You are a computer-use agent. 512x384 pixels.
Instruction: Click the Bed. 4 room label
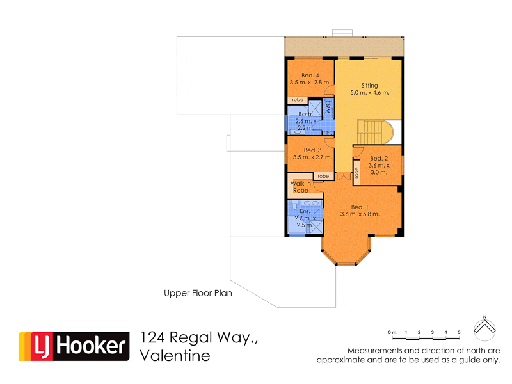pyautogui.click(x=310, y=76)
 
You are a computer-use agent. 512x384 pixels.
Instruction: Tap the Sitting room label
pyautogui.click(x=369, y=86)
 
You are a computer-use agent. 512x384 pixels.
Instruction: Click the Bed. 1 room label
pyautogui.click(x=360, y=207)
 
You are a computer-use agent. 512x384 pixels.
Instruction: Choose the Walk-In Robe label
pyautogui.click(x=301, y=187)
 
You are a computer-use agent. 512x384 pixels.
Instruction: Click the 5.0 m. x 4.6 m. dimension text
pyautogui.click(x=369, y=93)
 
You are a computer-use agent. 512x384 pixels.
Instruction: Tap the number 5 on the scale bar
pyautogui.click(x=459, y=333)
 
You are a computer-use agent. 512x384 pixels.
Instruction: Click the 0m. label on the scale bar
pyautogui.click(x=393, y=333)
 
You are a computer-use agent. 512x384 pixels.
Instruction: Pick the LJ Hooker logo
pyautogui.click(x=72, y=346)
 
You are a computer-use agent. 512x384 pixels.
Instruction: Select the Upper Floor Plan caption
pyautogui.click(x=197, y=294)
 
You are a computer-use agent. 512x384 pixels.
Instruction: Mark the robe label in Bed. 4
pyautogui.click(x=298, y=100)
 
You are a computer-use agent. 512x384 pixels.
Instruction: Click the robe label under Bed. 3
pyautogui.click(x=323, y=176)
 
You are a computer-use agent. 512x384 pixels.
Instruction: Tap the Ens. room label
pyautogui.click(x=305, y=211)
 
